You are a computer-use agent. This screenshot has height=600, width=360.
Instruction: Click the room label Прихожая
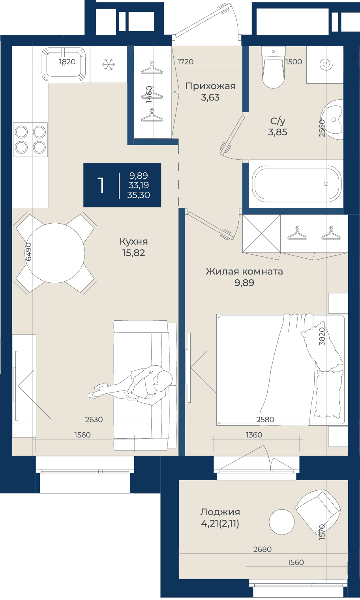coord(210,86)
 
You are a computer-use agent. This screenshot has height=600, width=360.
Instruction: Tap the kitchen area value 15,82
coord(133,252)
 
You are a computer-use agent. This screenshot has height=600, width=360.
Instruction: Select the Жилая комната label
coord(244,271)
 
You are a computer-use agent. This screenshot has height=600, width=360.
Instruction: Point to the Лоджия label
coord(220,512)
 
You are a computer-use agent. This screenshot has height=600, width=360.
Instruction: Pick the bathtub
coord(298,184)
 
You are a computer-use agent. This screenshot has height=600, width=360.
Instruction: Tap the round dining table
coord(55,253)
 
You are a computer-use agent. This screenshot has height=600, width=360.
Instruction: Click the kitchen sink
coord(64,64)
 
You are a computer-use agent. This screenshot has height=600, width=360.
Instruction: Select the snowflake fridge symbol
coord(109,65)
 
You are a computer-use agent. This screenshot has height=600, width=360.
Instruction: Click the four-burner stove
coord(30,140)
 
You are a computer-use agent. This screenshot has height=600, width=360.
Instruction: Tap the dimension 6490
coord(28,252)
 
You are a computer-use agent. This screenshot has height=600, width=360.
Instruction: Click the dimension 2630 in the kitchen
coord(94,419)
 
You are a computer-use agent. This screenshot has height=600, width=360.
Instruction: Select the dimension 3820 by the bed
coord(322,336)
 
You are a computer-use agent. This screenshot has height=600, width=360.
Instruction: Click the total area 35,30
coord(139,195)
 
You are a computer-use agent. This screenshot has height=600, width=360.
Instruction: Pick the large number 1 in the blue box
coord(101,185)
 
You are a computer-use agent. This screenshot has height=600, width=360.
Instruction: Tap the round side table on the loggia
coord(282,522)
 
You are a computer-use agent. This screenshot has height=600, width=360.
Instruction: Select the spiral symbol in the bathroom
coord(326,65)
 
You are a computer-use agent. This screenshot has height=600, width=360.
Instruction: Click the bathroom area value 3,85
coord(278,132)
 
